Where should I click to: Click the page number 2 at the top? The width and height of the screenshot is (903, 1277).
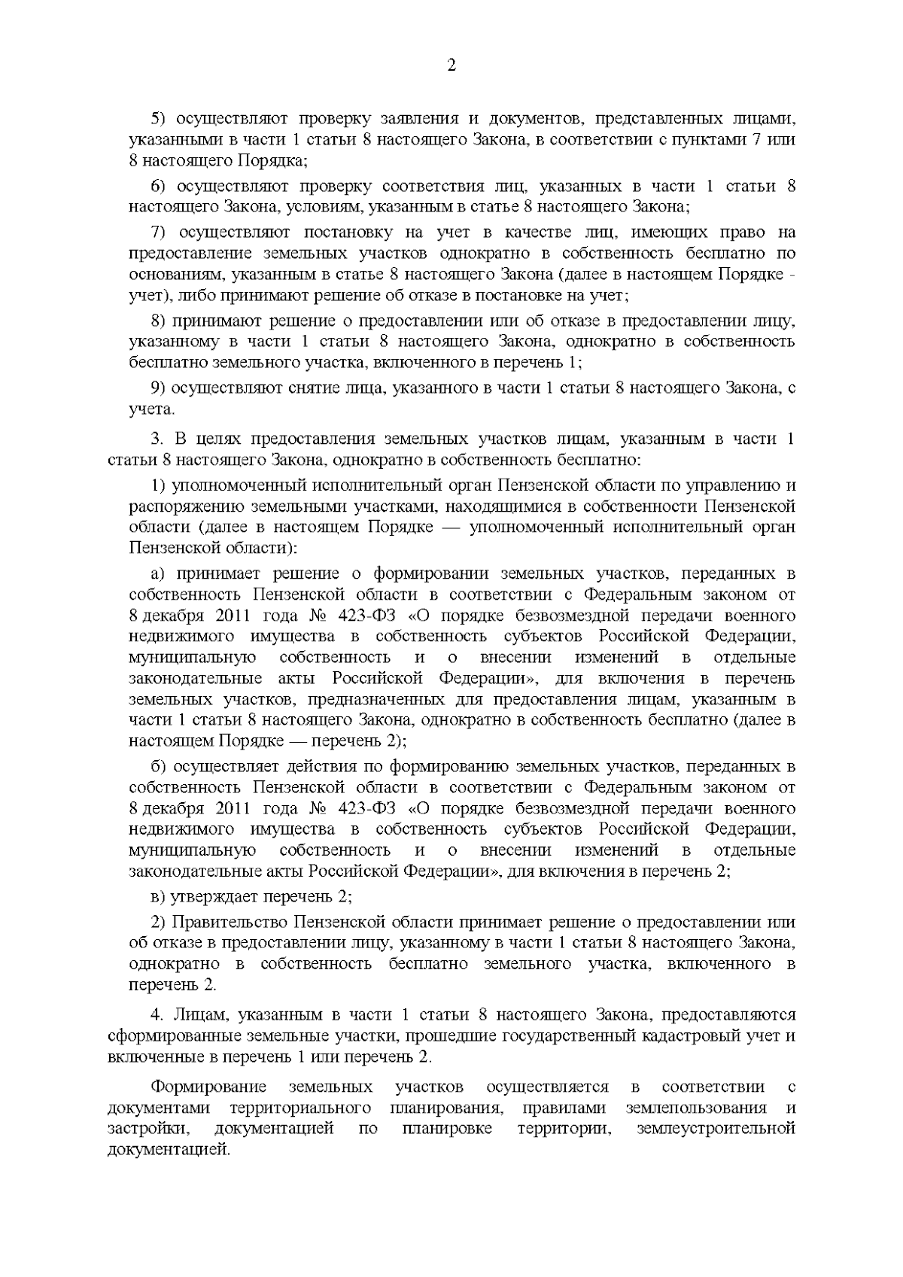click(451, 65)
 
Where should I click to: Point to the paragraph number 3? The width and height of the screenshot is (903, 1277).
click(157, 438)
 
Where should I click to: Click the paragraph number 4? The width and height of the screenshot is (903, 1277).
click(157, 1014)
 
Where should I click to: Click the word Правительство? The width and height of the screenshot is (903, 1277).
click(230, 922)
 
